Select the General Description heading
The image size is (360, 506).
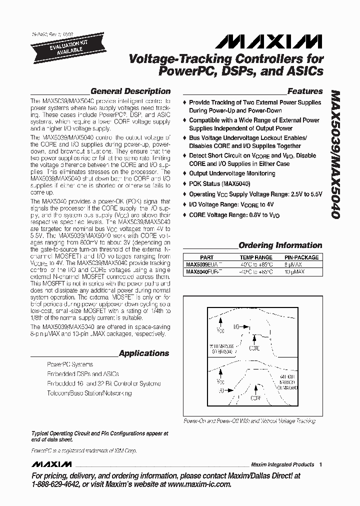[130, 91]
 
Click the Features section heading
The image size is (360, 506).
[304, 91]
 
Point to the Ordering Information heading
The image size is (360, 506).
[280, 245]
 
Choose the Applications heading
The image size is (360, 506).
[143, 353]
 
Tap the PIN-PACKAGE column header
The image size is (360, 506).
[301, 257]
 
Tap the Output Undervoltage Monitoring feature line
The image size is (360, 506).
[232, 173]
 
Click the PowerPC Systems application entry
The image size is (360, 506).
[70, 364]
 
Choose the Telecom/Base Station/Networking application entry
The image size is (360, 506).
[89, 393]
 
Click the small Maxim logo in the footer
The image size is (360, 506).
[51, 464]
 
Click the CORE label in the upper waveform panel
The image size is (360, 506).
[254, 347]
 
